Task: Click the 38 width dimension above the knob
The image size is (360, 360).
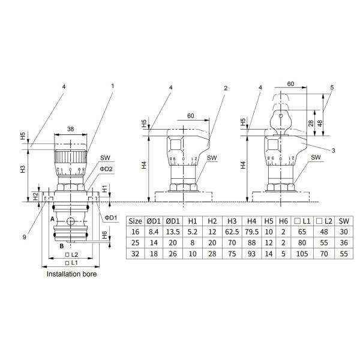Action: tap(70, 129)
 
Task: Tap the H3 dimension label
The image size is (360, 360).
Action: tap(23, 169)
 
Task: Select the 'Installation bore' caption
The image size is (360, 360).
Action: tap(71, 274)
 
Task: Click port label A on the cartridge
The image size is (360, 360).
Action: tap(52, 220)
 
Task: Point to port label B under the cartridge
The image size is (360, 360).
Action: tap(62, 246)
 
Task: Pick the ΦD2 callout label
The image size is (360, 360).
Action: tap(106, 169)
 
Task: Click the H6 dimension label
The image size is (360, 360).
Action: tap(104, 235)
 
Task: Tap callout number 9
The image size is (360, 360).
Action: tap(25, 237)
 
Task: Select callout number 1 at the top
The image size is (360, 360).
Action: tap(113, 86)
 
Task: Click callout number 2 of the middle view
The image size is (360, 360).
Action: tap(226, 88)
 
